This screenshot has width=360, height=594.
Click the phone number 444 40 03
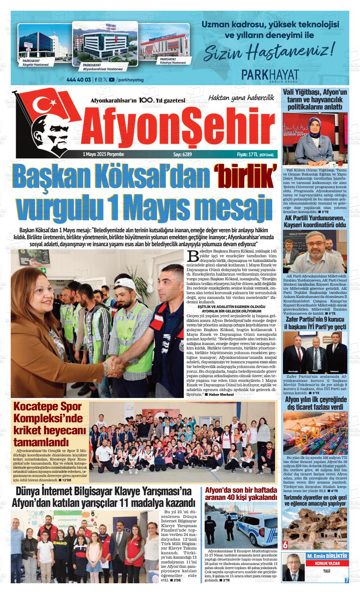coord(79,80)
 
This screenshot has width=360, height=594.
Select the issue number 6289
coord(182,154)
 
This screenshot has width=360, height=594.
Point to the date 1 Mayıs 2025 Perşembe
coord(103,154)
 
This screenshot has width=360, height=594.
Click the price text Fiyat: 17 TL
coord(247,154)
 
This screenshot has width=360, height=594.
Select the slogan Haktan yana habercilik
coord(241,98)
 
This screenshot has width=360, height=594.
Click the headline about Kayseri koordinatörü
coord(315,222)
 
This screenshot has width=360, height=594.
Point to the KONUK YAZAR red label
coord(327,563)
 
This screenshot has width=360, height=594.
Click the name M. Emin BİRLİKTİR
coord(327,556)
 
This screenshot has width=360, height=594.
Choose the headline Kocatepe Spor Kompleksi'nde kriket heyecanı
coord(49,424)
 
